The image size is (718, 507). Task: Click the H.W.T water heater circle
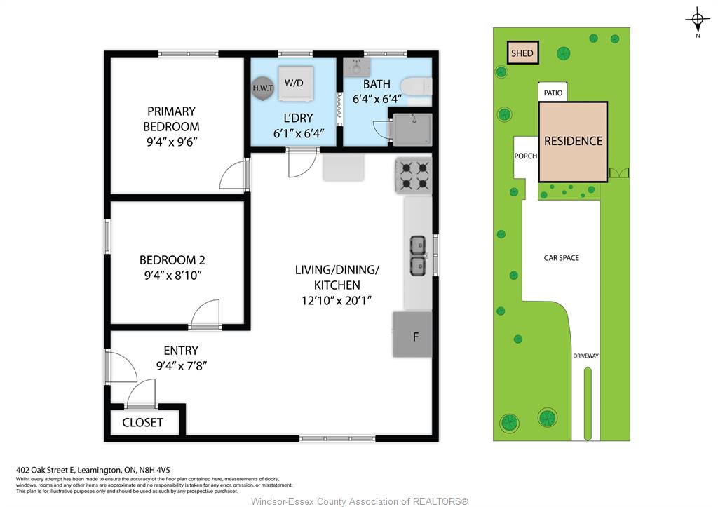tap(263, 88)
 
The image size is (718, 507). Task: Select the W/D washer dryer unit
tap(296, 83)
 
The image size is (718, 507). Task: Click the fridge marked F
tap(412, 334)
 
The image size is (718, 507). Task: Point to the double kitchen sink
tap(417, 255)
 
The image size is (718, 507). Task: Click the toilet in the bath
tap(416, 86)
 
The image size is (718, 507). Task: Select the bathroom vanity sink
tap(357, 67)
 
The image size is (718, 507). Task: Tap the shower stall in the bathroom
tap(412, 130)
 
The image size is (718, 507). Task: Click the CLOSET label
tap(142, 422)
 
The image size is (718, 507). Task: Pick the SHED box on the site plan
tap(522, 53)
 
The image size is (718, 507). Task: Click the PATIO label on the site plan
tap(553, 93)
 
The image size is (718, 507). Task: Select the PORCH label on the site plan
tap(526, 156)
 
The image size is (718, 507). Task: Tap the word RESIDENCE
tap(574, 141)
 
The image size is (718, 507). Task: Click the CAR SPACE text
tap(562, 258)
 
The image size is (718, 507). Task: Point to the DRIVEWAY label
tap(585, 356)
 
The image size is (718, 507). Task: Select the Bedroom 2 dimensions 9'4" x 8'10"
tap(173, 276)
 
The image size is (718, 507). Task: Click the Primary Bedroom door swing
tap(233, 174)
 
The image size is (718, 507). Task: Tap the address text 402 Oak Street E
tap(45, 469)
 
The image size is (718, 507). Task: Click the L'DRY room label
tap(299, 118)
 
